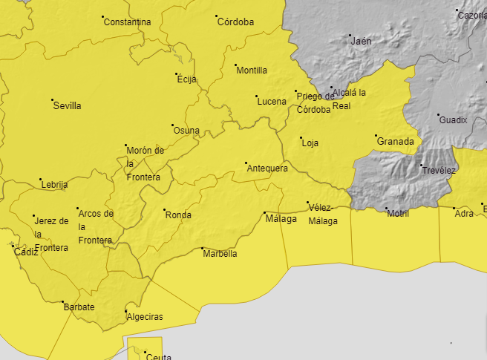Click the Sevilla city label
pyautogui.click(x=67, y=106)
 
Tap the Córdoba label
pyautogui.click(x=235, y=22)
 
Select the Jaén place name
pyautogui.click(x=361, y=42)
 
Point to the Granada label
pyautogui.click(x=395, y=142)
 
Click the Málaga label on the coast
pyautogui.click(x=281, y=220)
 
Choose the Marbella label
pyautogui.click(x=220, y=254)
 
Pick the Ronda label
pyautogui.click(x=178, y=216)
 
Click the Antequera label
pyautogui.click(x=267, y=168)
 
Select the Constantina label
pyautogui.click(x=127, y=22)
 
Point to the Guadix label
pyautogui.click(x=453, y=120)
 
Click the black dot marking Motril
pyautogui.click(x=387, y=209)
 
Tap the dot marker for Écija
pyautogui.click(x=177, y=74)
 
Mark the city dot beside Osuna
pyautogui.click(x=172, y=125)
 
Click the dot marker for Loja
pyautogui.click(x=301, y=137)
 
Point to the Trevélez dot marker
pyautogui.click(x=421, y=165)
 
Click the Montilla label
pyautogui.click(x=252, y=71)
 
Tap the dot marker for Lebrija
pyautogui.click(x=41, y=180)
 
